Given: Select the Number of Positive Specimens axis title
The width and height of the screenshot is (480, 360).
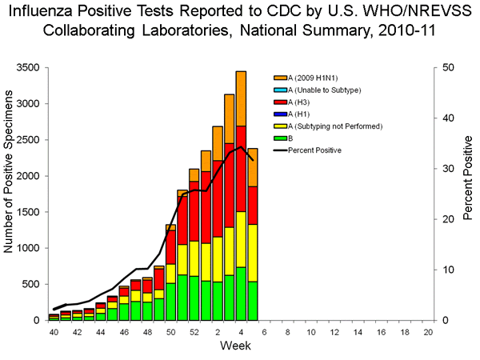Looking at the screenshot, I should coord(10,194).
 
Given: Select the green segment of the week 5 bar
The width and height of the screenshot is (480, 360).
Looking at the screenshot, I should coord(253,301).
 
